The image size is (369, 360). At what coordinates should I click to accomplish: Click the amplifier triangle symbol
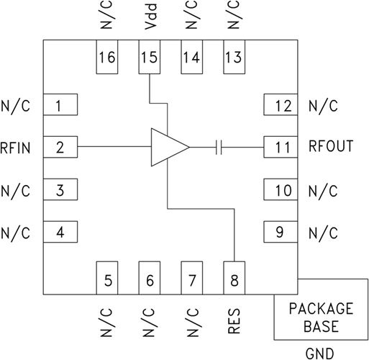click(167, 147)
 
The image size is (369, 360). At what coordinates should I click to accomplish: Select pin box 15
click(150, 58)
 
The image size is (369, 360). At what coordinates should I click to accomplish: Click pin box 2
click(60, 148)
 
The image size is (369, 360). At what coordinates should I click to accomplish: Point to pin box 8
click(234, 277)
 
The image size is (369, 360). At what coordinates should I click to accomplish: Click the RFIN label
click(17, 148)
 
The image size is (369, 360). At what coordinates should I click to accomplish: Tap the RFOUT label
click(331, 147)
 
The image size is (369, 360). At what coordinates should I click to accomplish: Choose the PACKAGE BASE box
click(321, 316)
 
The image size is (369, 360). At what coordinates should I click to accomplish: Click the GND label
click(321, 353)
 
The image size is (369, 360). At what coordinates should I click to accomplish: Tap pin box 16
click(107, 58)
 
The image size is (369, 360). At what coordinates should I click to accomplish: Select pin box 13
click(234, 58)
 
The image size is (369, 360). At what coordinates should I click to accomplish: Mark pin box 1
click(60, 105)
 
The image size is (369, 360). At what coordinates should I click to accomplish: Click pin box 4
click(60, 233)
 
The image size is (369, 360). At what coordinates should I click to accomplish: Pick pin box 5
click(107, 277)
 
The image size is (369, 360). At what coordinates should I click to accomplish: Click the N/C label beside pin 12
click(323, 106)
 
